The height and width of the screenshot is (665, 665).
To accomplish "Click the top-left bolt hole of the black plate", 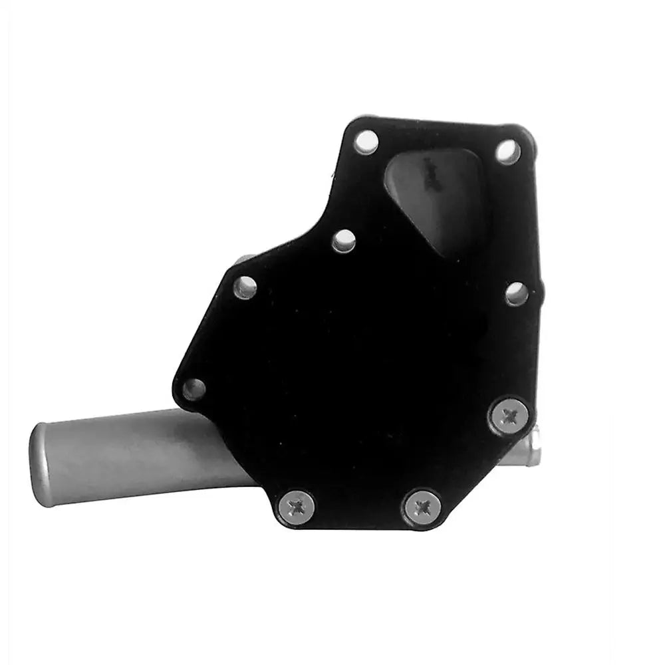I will pos(365,142).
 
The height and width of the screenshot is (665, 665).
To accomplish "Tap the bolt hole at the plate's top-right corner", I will pos(508,152).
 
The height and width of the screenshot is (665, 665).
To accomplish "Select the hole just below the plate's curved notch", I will pos(344,241).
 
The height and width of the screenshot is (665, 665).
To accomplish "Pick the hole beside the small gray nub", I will pos(245,287).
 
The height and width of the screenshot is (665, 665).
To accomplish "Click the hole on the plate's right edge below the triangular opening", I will pos(517,293).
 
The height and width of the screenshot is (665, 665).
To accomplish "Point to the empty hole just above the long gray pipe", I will pos(194,389).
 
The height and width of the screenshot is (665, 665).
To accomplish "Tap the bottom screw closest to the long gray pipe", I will pos(296,507).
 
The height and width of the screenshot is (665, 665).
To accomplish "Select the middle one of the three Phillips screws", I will pos(422,507).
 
